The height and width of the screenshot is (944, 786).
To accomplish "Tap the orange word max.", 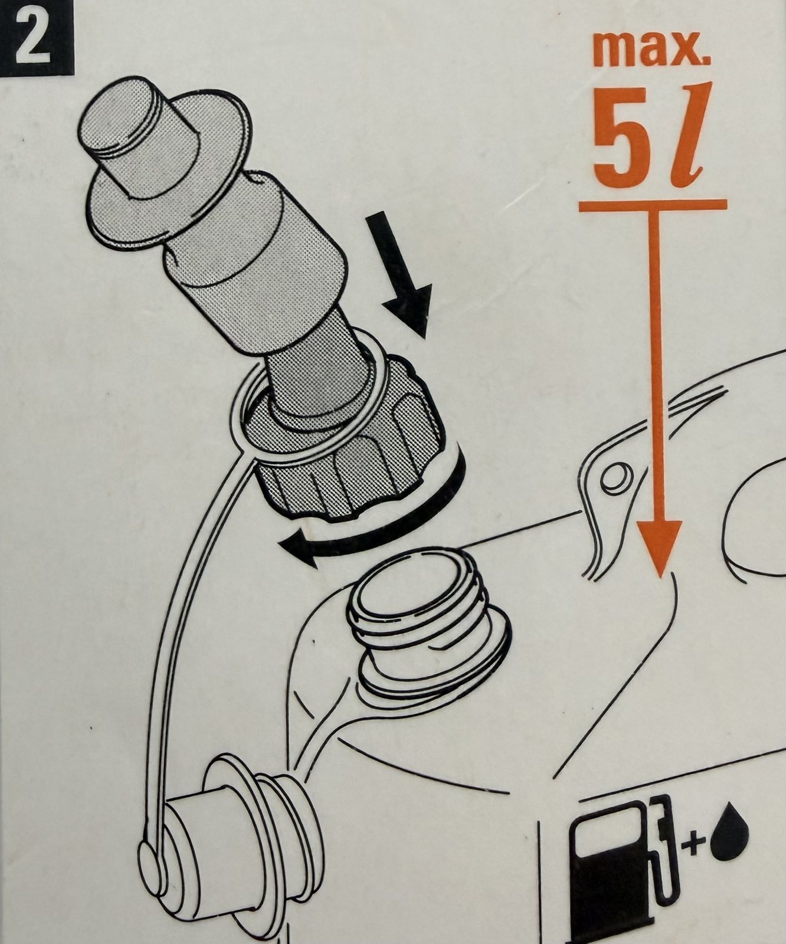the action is [x=651, y=50].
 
